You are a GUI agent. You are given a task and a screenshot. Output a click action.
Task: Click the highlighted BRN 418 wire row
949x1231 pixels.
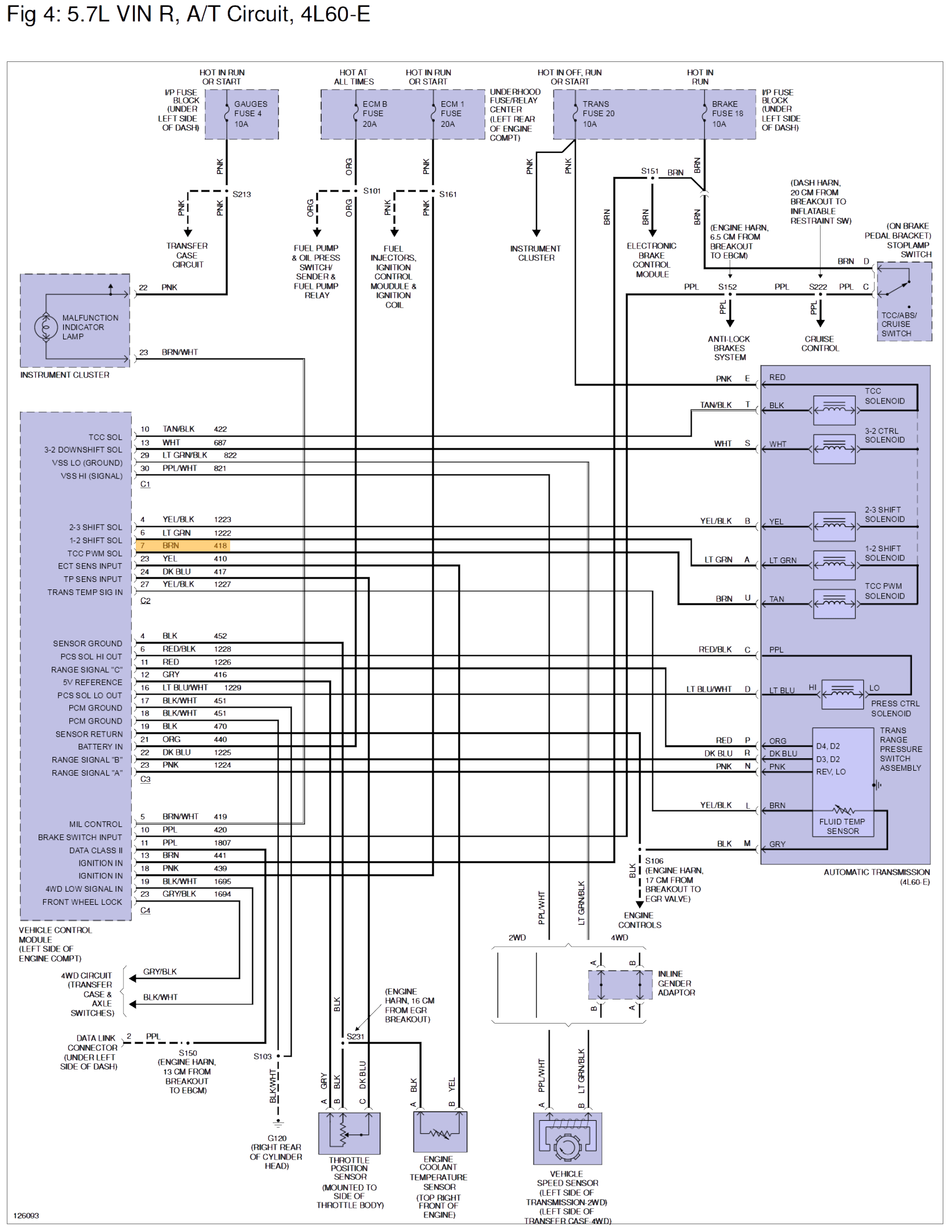click(182, 546)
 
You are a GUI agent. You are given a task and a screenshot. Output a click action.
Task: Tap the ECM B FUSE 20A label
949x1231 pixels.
click(374, 114)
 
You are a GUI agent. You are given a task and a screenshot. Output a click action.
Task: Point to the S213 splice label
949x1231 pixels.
click(242, 194)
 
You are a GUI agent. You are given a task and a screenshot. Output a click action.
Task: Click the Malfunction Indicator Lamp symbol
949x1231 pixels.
click(45, 327)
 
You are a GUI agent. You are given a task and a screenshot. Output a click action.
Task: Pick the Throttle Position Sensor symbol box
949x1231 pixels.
click(349, 1133)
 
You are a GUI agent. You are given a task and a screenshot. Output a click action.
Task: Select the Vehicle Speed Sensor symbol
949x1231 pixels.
click(567, 1138)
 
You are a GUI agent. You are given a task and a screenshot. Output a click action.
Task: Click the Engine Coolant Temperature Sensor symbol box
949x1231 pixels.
click(440, 1132)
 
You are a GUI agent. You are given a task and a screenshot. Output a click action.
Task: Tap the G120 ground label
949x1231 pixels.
click(277, 1138)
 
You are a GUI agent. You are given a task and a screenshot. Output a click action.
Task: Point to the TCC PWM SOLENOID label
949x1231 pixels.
click(884, 591)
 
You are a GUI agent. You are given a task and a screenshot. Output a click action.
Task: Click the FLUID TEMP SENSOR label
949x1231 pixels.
click(842, 826)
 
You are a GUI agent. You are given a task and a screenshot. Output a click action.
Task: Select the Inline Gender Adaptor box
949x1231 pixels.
click(619, 985)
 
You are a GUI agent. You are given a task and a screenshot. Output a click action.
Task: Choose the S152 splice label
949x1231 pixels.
click(727, 287)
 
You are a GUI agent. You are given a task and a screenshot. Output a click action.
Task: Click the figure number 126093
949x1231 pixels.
click(26, 1216)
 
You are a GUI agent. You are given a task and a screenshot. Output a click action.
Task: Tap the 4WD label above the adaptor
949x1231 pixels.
click(619, 938)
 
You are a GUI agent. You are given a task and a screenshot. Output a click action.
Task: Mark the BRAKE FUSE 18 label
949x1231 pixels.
click(727, 114)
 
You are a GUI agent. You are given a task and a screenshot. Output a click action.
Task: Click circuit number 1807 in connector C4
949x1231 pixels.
click(222, 843)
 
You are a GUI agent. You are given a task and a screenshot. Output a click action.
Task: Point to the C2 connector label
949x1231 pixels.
click(145, 601)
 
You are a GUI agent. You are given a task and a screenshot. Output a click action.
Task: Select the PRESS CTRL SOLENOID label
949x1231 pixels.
click(894, 709)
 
